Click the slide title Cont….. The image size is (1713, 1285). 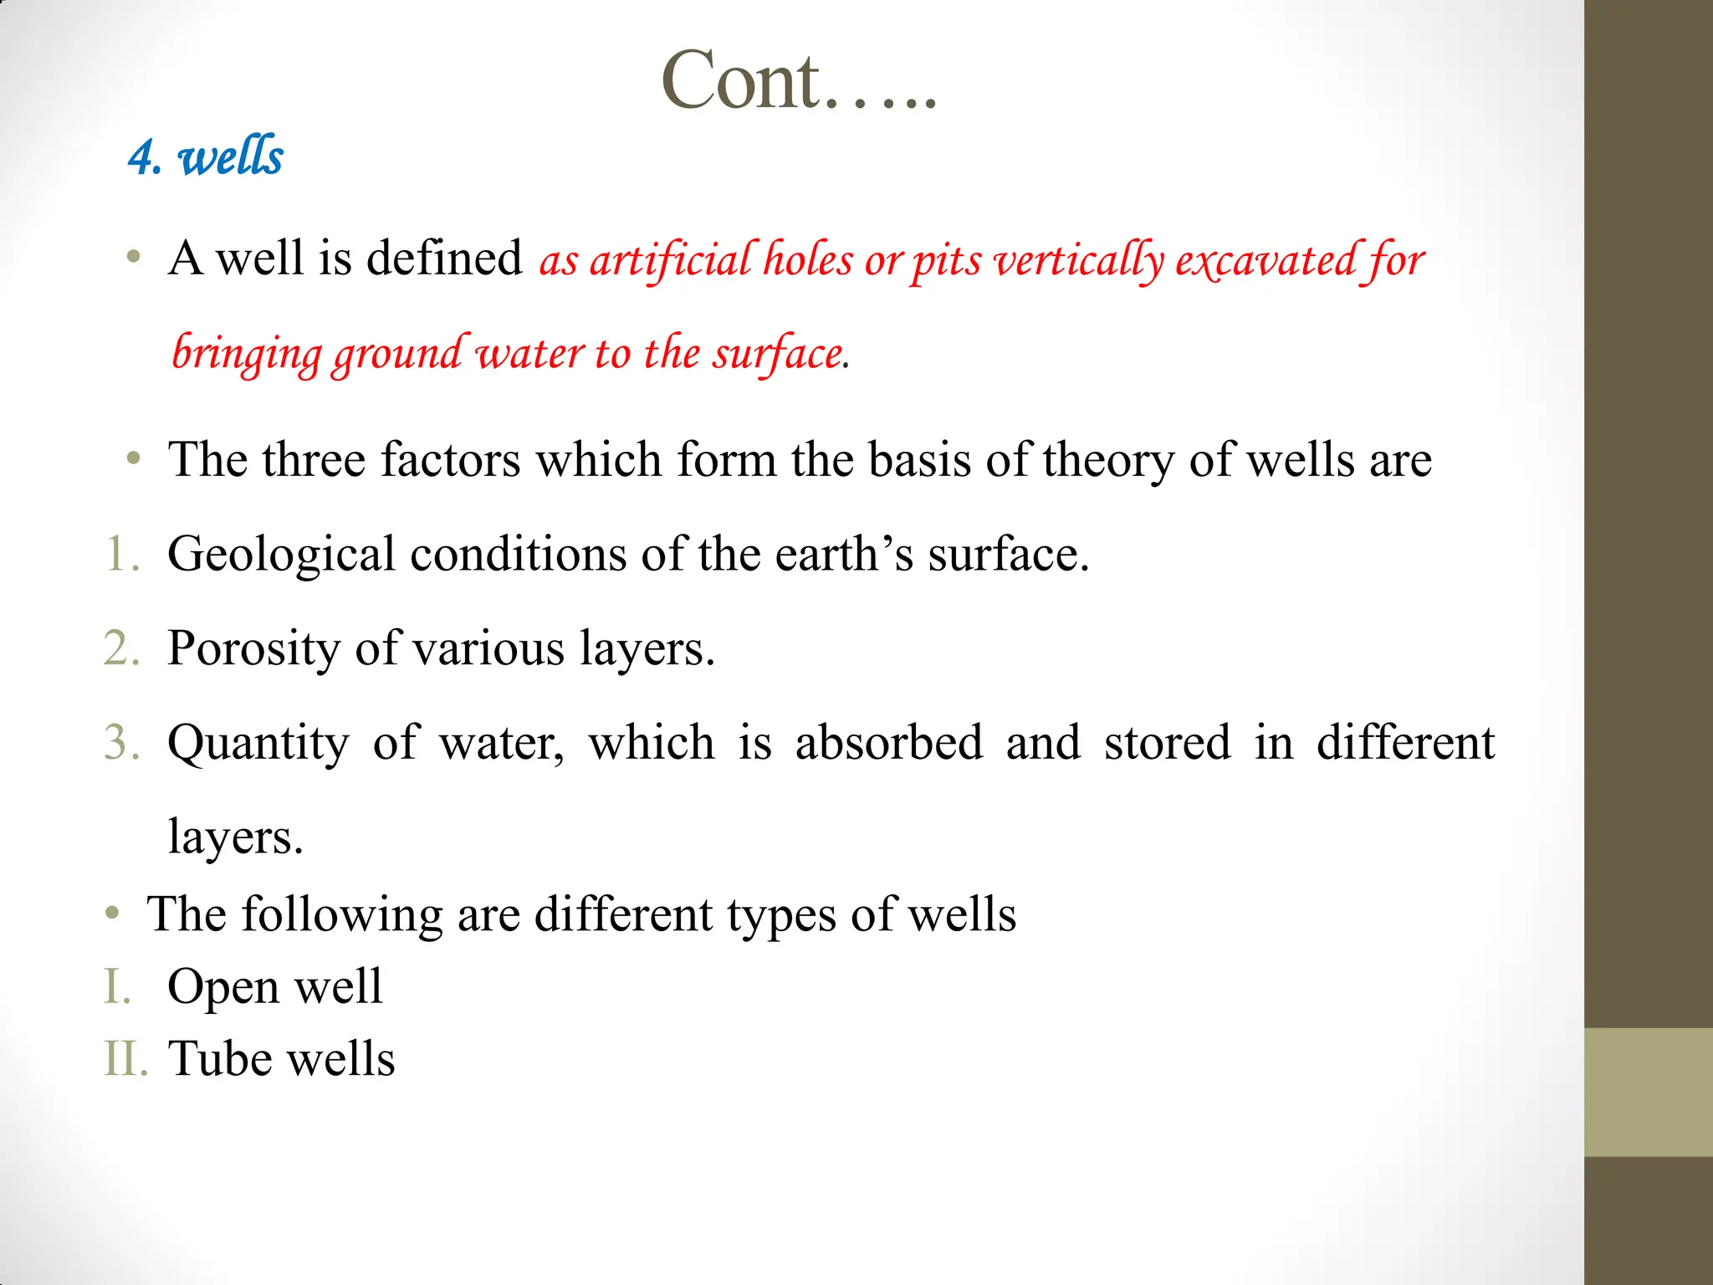(799, 81)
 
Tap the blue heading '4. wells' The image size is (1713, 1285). (206, 156)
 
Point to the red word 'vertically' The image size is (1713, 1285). (1079, 259)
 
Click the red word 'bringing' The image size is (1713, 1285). (246, 353)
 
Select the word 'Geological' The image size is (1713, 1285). (281, 555)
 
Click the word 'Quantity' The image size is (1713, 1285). (258, 743)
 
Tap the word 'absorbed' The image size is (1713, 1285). (888, 743)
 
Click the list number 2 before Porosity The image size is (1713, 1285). (120, 648)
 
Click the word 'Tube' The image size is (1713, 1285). (220, 1058)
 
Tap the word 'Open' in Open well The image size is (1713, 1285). (222, 986)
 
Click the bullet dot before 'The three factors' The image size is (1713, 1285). (133, 459)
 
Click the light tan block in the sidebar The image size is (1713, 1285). (1648, 1092)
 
